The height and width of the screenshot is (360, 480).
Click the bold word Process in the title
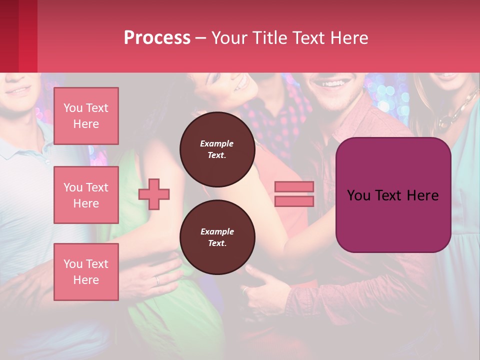(x=157, y=37)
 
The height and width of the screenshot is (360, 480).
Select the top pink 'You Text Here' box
(x=86, y=116)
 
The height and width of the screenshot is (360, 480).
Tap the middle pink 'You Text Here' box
(x=86, y=195)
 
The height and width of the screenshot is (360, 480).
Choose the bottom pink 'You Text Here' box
(x=86, y=272)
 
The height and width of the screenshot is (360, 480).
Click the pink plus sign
(x=154, y=194)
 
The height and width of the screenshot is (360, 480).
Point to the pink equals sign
(x=294, y=194)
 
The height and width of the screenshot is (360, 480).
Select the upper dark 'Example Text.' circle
(x=217, y=149)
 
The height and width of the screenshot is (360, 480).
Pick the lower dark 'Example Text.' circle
(x=217, y=237)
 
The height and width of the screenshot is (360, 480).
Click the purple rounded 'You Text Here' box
(x=393, y=195)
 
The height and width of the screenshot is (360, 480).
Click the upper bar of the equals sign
(x=294, y=187)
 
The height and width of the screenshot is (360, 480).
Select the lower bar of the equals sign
(x=294, y=201)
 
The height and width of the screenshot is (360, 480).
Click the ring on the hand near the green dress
(x=158, y=280)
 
